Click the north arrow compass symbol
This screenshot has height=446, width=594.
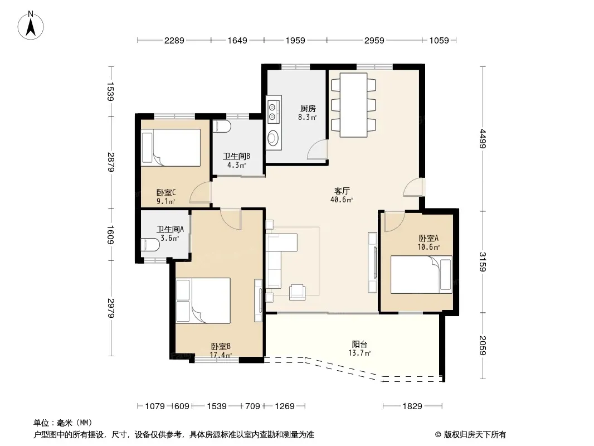(31, 26)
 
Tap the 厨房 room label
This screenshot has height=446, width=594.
(308, 109)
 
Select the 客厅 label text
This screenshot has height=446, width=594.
(342, 191)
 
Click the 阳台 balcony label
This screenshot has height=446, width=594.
(359, 344)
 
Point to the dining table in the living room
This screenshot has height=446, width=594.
(353, 105)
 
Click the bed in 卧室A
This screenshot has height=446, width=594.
(421, 274)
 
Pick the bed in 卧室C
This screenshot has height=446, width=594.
(171, 147)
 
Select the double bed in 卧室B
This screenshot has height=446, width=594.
(203, 300)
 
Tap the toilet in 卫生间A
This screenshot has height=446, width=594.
(150, 245)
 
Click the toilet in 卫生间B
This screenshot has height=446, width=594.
(221, 126)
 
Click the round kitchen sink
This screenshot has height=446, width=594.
(272, 138)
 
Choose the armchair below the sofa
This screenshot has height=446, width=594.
(298, 292)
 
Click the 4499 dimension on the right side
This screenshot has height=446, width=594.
(482, 139)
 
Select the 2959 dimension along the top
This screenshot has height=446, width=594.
(374, 40)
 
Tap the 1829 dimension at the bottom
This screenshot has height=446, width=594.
(412, 406)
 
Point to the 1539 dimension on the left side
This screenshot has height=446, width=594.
(111, 91)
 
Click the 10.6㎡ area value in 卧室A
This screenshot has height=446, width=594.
(429, 248)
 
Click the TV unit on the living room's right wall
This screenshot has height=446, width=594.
(373, 263)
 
